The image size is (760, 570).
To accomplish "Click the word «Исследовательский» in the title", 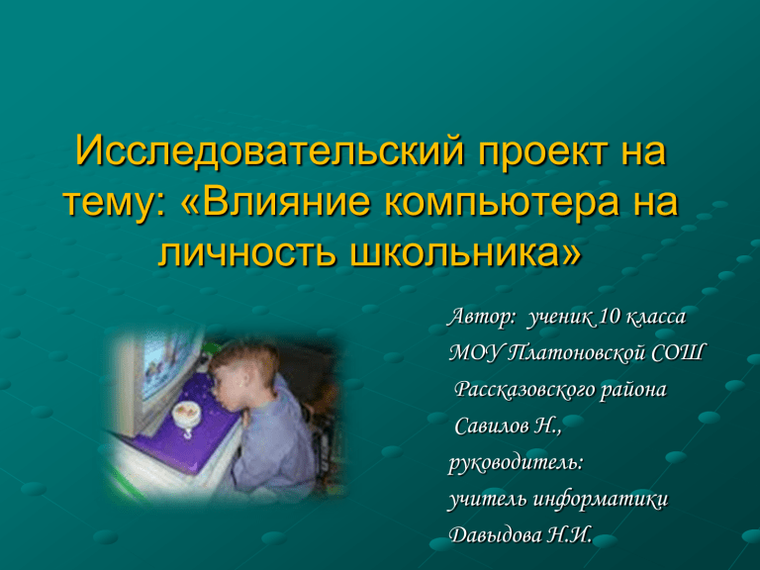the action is pyautogui.click(x=269, y=150).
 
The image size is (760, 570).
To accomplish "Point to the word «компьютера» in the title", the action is pyautogui.click(x=502, y=205).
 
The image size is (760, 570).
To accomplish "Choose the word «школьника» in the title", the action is pyautogui.click(x=464, y=253).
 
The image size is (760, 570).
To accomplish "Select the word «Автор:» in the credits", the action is pyautogui.click(x=482, y=317).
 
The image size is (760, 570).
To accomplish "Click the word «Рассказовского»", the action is pyautogui.click(x=524, y=390).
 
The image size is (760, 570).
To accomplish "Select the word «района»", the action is pyautogui.click(x=633, y=391).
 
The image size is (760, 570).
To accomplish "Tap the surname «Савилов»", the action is pyautogui.click(x=492, y=427).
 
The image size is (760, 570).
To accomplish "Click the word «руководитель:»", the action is pyautogui.click(x=516, y=463).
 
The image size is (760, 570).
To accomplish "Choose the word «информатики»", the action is pyautogui.click(x=601, y=499).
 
